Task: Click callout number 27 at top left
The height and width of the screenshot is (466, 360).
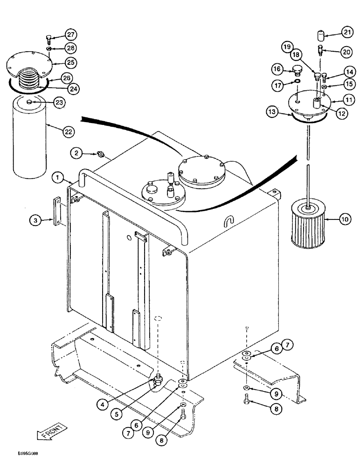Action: pyautogui.click(x=70, y=35)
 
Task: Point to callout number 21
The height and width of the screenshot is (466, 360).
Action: pyautogui.click(x=346, y=32)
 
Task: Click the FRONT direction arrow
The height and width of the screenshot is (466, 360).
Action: pyautogui.click(x=50, y=434)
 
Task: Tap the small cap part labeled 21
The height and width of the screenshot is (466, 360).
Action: pyautogui.click(x=321, y=35)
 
